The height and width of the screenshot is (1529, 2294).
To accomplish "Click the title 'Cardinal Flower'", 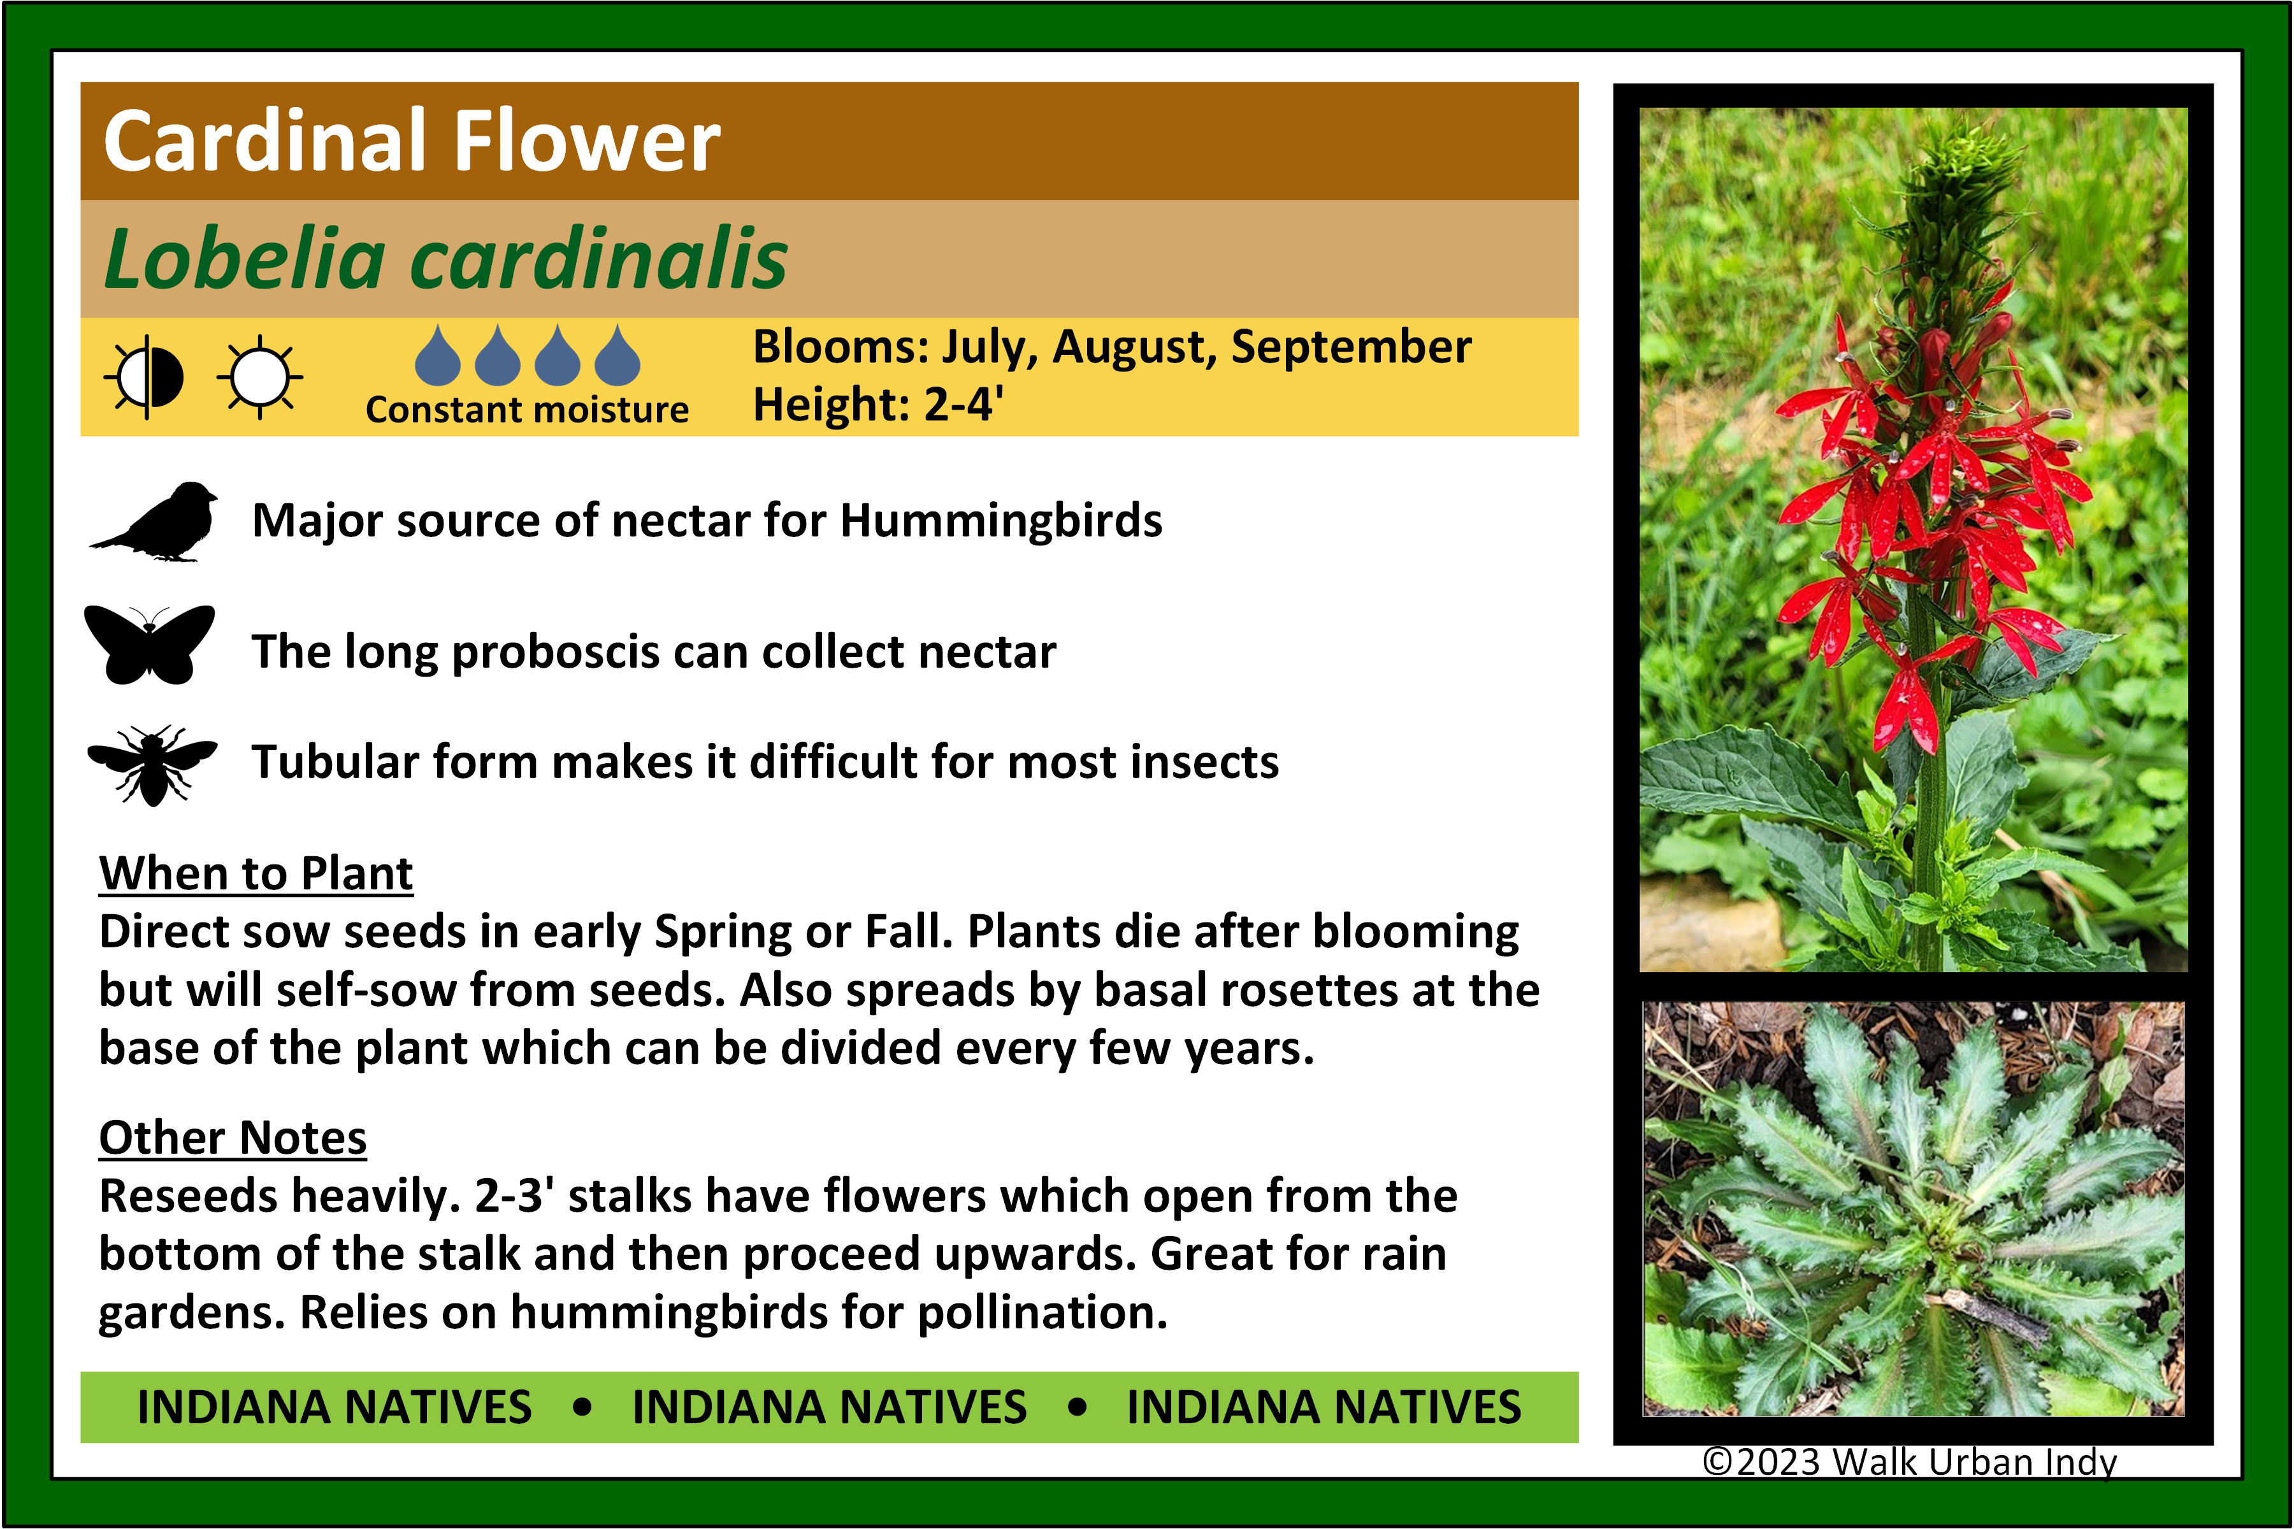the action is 412,142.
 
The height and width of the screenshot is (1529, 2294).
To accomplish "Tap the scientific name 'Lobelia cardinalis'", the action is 445,259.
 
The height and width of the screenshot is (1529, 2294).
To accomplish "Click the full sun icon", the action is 259,377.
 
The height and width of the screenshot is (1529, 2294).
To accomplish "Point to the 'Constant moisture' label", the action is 527,410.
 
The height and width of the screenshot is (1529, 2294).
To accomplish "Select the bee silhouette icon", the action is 152,764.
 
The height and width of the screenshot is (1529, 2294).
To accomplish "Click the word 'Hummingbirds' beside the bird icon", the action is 1000,520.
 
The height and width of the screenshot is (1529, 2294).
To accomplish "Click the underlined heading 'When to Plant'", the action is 256,873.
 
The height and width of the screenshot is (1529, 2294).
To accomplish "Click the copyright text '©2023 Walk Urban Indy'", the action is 1910,1461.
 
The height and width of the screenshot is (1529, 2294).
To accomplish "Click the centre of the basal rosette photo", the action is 1914,1209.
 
